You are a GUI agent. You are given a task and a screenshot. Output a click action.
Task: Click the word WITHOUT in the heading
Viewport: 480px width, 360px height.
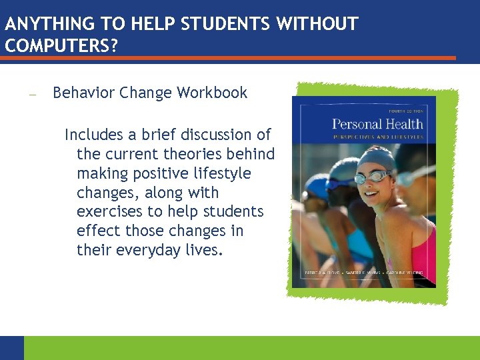click(x=317, y=25)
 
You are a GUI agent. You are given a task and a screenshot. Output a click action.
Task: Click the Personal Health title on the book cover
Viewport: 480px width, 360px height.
click(x=377, y=124)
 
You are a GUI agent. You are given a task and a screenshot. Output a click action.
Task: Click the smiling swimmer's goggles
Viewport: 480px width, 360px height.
click(x=373, y=177)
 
